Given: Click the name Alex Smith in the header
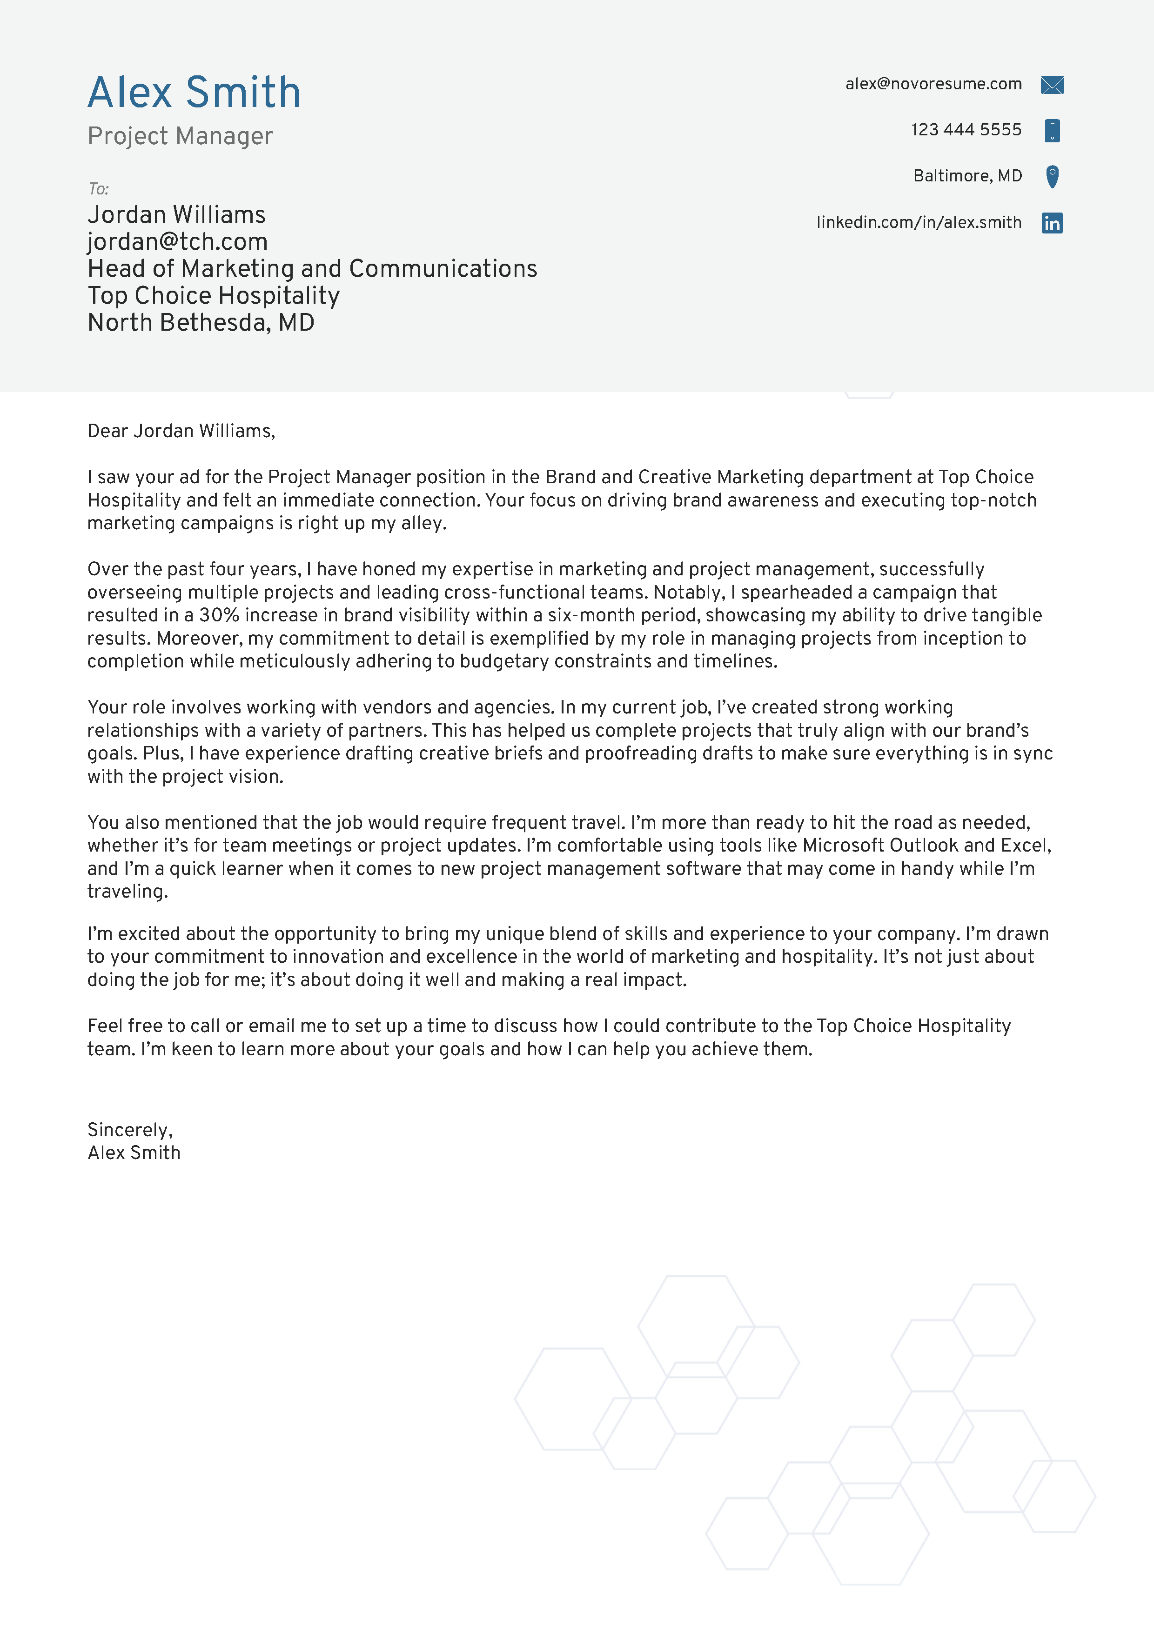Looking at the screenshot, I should [x=194, y=93].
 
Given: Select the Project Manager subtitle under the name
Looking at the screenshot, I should [x=180, y=136].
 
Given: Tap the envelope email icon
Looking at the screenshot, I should [x=1052, y=85].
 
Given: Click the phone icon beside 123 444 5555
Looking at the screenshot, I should [x=1052, y=131].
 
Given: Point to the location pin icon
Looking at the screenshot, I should [x=1052, y=176].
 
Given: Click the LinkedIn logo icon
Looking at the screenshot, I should [x=1052, y=223].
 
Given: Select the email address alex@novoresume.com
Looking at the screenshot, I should [x=933, y=84].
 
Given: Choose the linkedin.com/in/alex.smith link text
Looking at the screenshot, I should [x=918, y=222].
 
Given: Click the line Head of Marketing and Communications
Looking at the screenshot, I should [x=312, y=269].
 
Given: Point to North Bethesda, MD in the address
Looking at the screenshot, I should [x=201, y=323].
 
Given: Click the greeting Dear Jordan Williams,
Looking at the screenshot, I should [x=181, y=431].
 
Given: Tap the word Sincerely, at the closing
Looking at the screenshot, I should [x=129, y=1130].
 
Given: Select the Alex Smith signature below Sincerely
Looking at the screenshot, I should [x=134, y=1153].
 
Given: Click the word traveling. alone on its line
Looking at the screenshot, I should [x=127, y=892].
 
